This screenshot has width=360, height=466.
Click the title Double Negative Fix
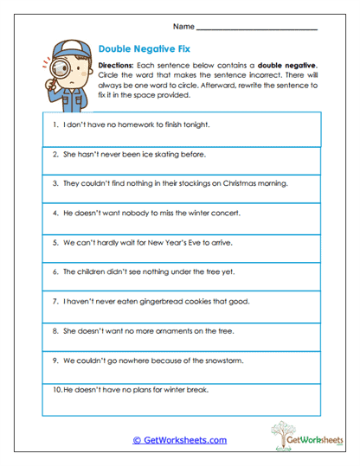pos(144,49)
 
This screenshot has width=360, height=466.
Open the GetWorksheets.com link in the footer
pos(180,440)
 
